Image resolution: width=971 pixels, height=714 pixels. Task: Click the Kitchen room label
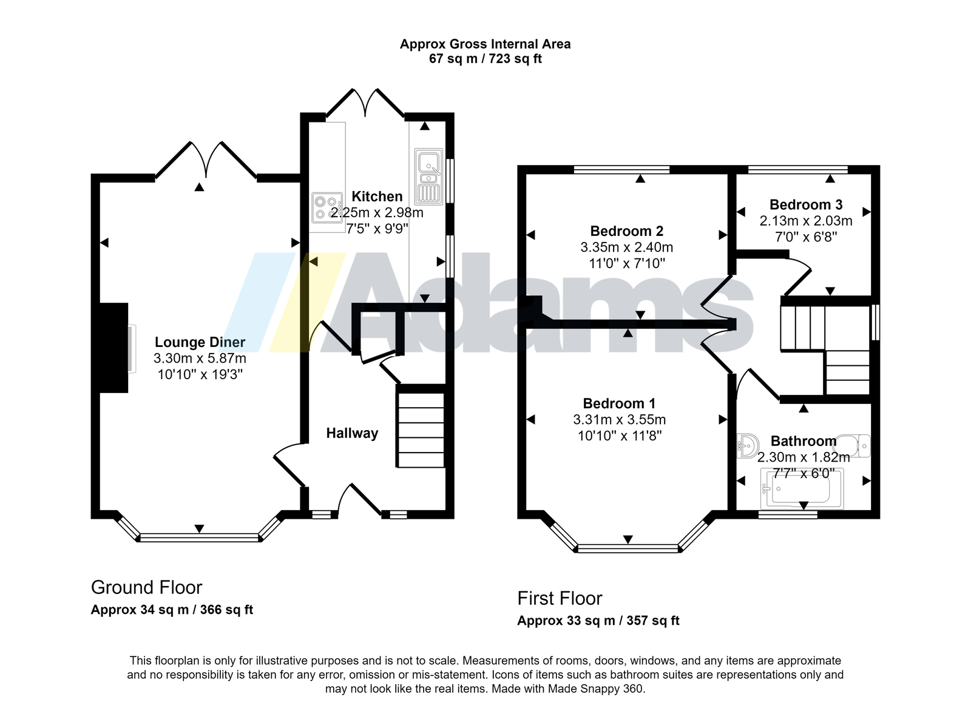(x=377, y=197)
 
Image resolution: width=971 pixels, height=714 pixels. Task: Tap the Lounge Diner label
(x=200, y=342)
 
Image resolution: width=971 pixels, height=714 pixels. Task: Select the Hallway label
(x=352, y=433)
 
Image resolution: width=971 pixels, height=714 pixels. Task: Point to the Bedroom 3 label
(x=806, y=204)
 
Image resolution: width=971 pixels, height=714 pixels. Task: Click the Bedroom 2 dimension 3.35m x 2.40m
(x=627, y=248)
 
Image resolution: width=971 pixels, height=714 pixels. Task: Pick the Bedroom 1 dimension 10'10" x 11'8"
(x=620, y=436)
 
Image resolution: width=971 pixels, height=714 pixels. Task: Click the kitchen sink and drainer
(x=428, y=177)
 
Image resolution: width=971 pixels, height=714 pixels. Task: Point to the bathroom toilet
(x=854, y=446)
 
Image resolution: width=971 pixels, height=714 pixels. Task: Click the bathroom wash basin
(x=748, y=446)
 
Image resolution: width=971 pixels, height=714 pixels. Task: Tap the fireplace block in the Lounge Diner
(x=114, y=348)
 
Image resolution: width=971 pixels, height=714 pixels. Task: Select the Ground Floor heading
(x=146, y=587)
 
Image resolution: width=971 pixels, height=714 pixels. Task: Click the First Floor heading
(x=560, y=598)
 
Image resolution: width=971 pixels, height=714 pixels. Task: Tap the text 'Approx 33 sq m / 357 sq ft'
(x=598, y=621)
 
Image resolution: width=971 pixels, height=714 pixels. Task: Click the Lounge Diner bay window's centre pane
(x=200, y=537)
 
